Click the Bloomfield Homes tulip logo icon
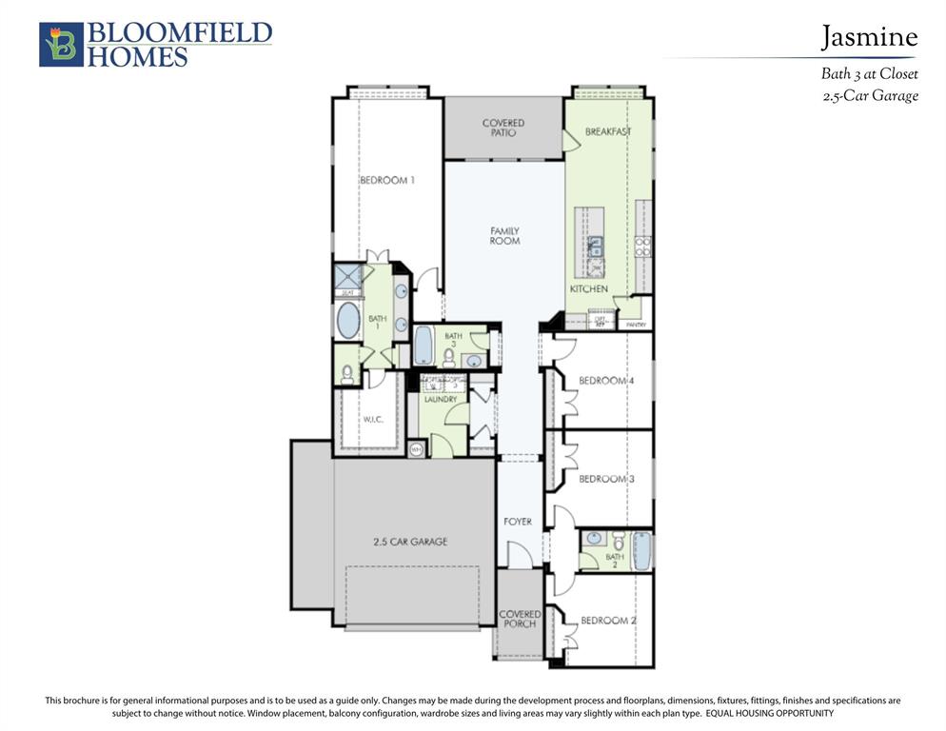[x=61, y=45]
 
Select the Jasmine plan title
[x=869, y=37]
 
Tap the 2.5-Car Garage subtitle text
[x=869, y=95]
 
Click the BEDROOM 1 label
[x=386, y=180]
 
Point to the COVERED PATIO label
[x=503, y=128]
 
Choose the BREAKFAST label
[x=608, y=131]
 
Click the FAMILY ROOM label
[x=504, y=236]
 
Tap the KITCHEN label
[x=588, y=288]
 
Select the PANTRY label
[x=635, y=325]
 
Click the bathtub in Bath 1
[x=348, y=321]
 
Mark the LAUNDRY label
[x=441, y=399]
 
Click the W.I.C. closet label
[x=372, y=419]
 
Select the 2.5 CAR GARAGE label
[x=409, y=542]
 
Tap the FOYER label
[x=518, y=522]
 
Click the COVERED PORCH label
[x=520, y=620]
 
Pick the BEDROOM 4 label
[x=606, y=381]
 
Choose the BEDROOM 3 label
[x=606, y=479]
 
